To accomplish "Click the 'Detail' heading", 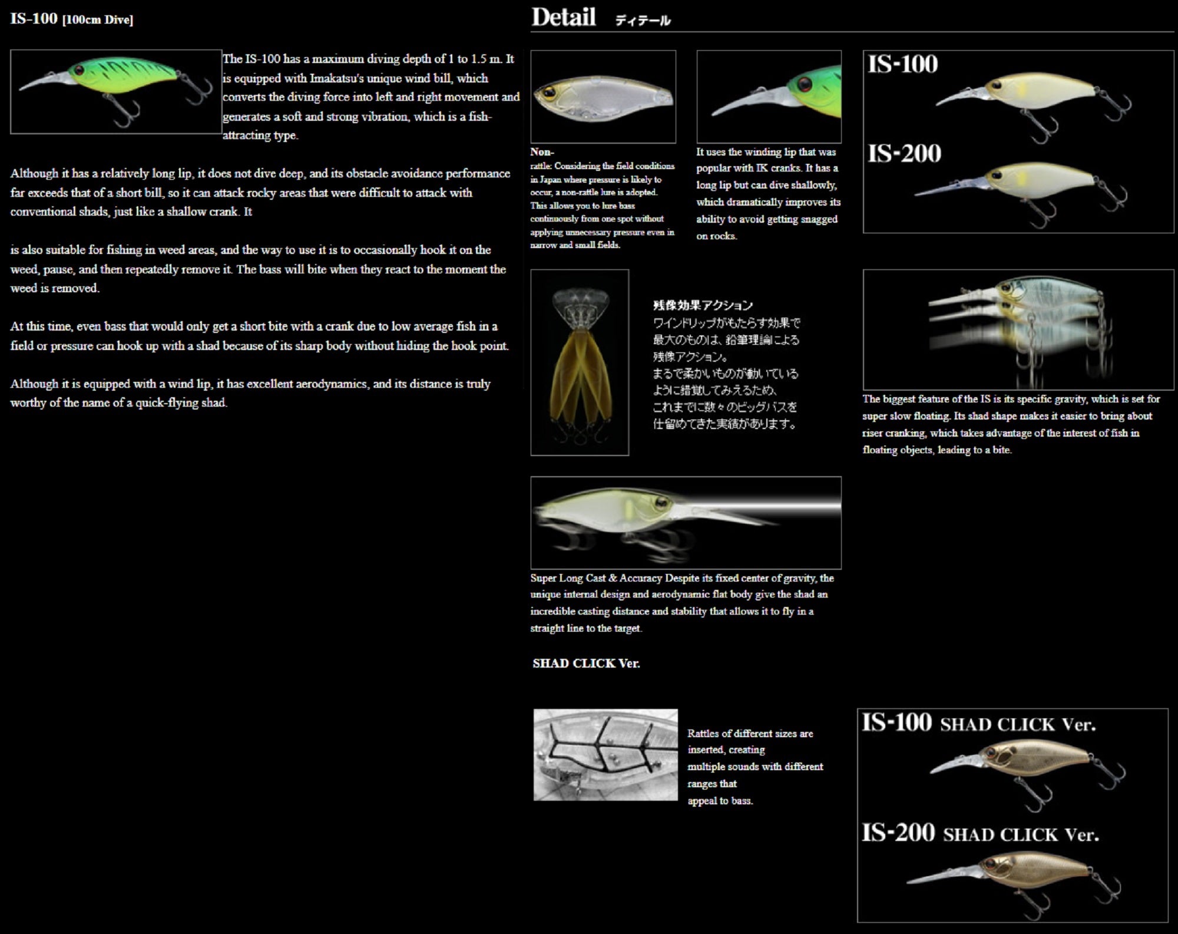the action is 564,17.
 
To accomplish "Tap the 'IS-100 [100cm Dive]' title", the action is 71,19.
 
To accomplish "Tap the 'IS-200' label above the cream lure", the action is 904,154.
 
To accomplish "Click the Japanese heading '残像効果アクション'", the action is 703,305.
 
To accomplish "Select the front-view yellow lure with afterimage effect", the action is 580,362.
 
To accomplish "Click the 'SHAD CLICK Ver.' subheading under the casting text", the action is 586,664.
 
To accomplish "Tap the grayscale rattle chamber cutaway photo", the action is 605,755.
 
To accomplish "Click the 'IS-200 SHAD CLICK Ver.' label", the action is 980,833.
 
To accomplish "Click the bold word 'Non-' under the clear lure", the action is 542,152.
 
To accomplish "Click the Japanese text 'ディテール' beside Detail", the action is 643,21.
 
